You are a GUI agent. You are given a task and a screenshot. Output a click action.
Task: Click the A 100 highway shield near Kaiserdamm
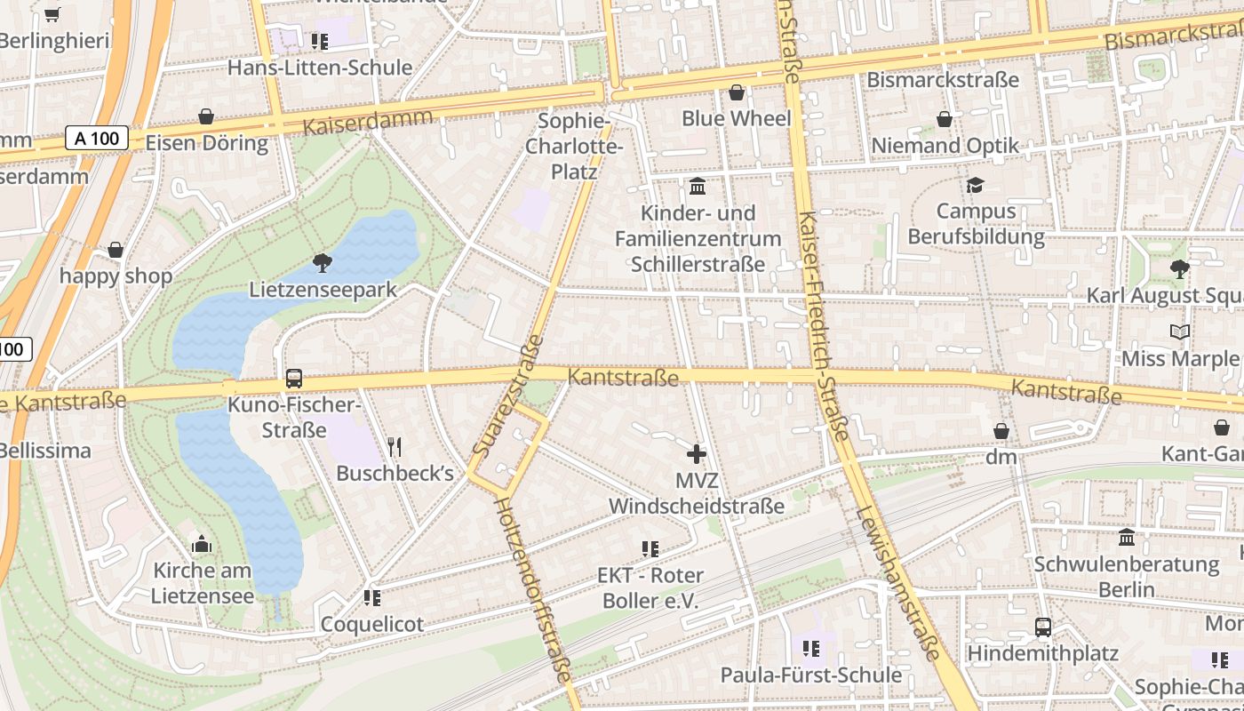coord(97,138)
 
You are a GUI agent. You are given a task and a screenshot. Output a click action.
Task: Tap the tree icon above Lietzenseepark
coord(323,262)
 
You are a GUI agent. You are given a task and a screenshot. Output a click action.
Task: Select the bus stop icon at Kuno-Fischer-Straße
coord(293,379)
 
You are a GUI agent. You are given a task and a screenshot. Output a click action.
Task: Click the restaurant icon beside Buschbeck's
coord(395,446)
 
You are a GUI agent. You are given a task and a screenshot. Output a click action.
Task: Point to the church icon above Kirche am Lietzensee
coord(202,544)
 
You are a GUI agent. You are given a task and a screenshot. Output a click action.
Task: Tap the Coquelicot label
coord(372,624)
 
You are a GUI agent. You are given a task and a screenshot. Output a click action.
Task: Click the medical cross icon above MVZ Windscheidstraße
coord(697,454)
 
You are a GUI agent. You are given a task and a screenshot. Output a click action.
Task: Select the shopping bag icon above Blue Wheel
coord(736,92)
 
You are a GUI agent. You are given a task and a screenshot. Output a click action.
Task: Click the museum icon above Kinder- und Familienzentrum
coord(698,187)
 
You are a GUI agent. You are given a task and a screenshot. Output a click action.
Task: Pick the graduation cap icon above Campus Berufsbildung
coord(976,185)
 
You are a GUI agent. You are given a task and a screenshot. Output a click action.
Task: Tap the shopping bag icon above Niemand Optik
coord(944,119)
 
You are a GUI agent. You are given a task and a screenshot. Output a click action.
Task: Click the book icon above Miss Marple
coord(1180,332)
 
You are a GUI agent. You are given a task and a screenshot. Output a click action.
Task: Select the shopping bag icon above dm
coord(1001,431)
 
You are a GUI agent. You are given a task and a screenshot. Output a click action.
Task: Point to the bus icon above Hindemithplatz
coord(1043,627)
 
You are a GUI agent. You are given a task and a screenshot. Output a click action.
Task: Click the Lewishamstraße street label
coord(898,583)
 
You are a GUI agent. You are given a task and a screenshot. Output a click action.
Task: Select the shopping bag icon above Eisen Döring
coord(206,116)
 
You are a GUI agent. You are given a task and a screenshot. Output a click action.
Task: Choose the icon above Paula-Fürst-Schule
coord(810,649)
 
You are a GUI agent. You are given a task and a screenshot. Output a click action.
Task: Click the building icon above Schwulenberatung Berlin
coord(1127,538)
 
